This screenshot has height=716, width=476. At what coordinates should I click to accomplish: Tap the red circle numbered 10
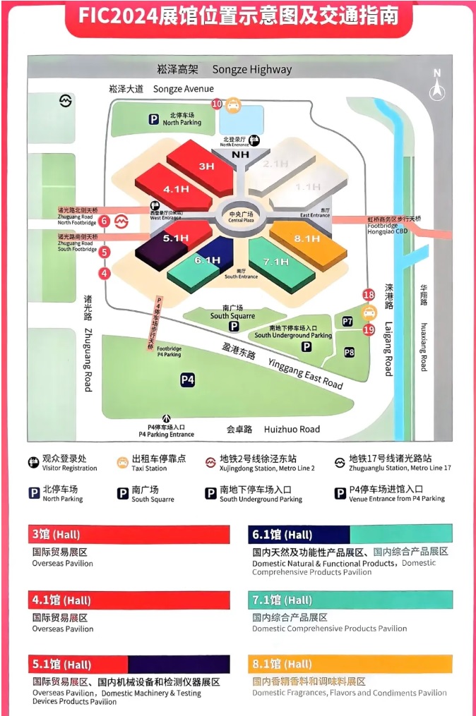(x=217, y=104)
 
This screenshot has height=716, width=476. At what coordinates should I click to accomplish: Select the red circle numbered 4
(x=105, y=274)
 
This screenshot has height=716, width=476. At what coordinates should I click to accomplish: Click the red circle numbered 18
(x=368, y=295)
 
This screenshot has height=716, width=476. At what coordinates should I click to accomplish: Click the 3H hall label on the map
(x=206, y=166)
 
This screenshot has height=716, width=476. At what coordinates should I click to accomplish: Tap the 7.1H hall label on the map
(x=275, y=262)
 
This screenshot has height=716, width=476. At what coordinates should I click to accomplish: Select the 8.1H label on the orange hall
(x=307, y=239)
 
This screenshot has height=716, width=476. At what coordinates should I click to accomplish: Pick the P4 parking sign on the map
(x=187, y=380)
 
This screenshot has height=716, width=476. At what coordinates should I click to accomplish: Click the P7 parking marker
(x=347, y=322)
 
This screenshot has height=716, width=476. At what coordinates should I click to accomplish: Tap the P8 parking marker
(x=350, y=352)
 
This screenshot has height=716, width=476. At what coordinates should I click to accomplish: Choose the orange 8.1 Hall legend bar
(x=350, y=664)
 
